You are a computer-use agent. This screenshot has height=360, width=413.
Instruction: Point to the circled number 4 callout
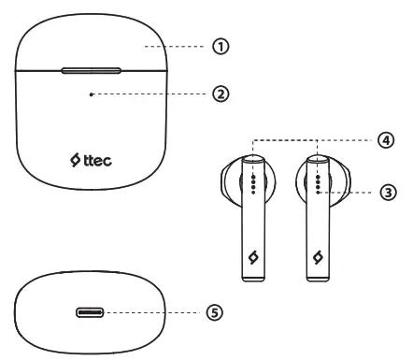385,140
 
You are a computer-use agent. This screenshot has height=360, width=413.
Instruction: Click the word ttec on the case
99,160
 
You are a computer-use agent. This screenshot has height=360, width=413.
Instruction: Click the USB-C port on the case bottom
90,312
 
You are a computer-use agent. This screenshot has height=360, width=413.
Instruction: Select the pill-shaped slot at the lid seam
92,69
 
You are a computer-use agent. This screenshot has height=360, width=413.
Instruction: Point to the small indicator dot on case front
91,94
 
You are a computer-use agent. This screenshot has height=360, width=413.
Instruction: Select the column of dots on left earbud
254,184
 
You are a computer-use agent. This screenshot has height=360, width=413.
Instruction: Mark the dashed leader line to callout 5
154,312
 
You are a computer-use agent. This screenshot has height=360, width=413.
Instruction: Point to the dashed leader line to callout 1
178,45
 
